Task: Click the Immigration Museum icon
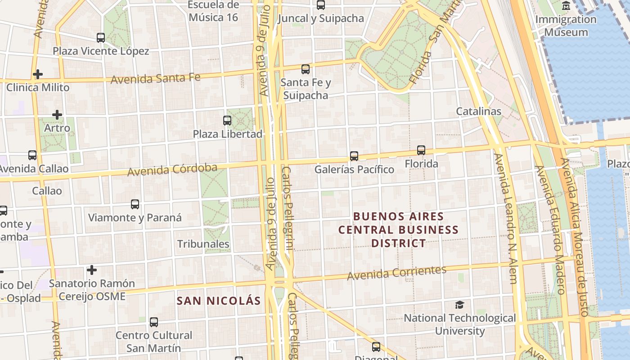point(566,6)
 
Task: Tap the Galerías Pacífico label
point(354,170)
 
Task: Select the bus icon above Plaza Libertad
point(227,121)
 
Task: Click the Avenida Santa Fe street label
point(155,79)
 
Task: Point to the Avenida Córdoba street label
point(172,170)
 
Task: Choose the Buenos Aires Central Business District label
point(398,229)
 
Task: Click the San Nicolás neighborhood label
point(219,301)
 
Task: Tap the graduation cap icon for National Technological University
point(459,305)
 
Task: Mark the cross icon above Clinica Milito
point(38,74)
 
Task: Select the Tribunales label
point(203,244)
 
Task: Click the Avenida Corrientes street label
point(396,272)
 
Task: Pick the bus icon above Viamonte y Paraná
point(135,204)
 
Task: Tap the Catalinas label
point(478,111)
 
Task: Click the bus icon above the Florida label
point(421,150)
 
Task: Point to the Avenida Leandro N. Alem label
point(506,218)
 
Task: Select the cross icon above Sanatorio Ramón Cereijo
point(92,270)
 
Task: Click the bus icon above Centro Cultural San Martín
point(154,322)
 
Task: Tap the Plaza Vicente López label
point(101,51)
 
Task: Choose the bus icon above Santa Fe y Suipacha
point(306,69)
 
